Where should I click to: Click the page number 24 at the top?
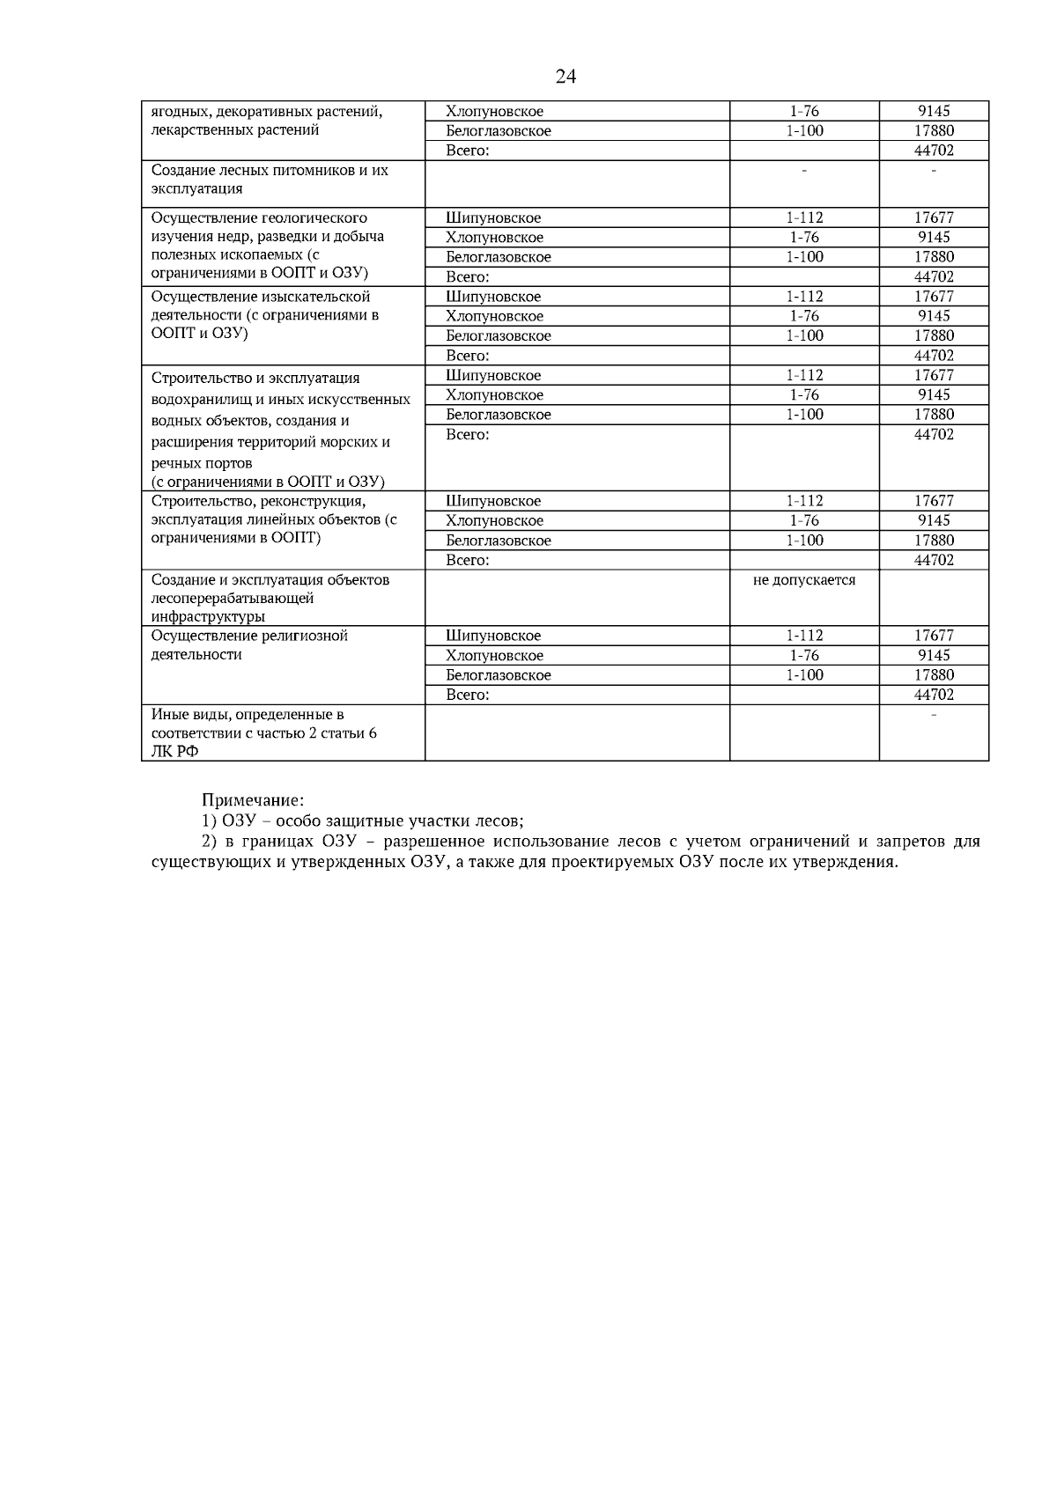565,77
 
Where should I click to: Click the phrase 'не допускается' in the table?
804,580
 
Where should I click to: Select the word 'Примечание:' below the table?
253,800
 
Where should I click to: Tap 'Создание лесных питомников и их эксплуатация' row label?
270,179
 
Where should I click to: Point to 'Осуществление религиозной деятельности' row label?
249,644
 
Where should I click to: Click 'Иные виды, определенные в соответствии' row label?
264,732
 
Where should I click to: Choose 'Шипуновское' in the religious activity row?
493,636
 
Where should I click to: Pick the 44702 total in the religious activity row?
934,695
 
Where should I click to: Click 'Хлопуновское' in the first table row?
494,112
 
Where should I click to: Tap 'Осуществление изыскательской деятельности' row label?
264,315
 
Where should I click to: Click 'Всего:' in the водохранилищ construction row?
467,434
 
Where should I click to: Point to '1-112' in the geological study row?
804,217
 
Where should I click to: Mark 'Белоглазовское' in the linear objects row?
499,541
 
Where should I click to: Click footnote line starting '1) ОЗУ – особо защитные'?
363,821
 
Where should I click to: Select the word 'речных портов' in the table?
202,462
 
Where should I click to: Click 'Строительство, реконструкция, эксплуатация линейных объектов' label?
273,519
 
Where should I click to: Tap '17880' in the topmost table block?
934,131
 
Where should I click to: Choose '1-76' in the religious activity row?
804,655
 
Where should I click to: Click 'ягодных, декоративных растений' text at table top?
267,112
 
